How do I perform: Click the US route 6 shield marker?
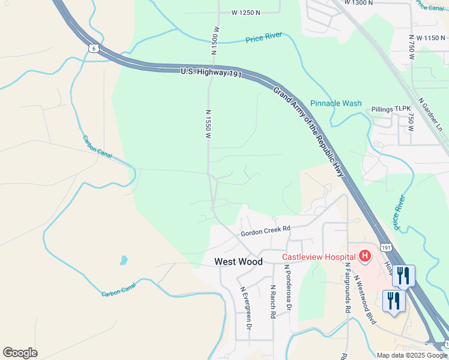[x=92, y=48]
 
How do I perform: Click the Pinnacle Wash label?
[x=336, y=103]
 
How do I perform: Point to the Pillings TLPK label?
[x=390, y=109]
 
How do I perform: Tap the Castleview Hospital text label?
[x=318, y=258]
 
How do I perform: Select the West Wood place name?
[x=239, y=262]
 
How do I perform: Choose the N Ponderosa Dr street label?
[x=288, y=288]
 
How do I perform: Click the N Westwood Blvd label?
[x=364, y=299]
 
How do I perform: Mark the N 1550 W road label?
[x=209, y=124]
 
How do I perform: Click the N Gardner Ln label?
[x=430, y=115]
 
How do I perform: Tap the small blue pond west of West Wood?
[x=123, y=260]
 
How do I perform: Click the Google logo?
[x=20, y=353]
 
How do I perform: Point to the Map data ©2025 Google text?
[x=411, y=355]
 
